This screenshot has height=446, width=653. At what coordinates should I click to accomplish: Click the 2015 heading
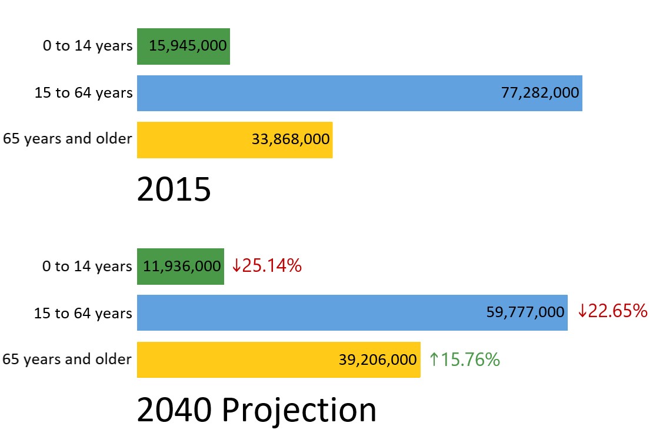[174, 190]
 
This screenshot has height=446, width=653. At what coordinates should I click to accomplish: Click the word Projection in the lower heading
[299, 410]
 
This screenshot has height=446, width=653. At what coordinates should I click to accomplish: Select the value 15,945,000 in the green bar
[188, 46]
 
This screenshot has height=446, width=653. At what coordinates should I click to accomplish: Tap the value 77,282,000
[540, 93]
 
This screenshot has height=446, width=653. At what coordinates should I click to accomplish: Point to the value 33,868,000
[290, 140]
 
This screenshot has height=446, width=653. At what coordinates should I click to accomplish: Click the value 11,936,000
[182, 266]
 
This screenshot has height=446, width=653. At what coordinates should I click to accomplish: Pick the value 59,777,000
[525, 312]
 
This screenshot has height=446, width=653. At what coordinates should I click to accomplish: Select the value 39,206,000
[378, 360]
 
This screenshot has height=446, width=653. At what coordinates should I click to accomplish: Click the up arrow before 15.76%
[434, 360]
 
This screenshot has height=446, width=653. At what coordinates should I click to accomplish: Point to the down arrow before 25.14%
[236, 266]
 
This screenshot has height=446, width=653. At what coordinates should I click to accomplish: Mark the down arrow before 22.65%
[582, 311]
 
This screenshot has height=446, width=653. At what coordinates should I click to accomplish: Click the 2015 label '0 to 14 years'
[88, 46]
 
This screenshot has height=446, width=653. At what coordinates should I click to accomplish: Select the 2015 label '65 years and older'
[67, 139]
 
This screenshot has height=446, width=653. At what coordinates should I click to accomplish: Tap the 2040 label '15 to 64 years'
[83, 313]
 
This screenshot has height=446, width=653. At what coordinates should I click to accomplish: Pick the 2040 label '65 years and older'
[67, 360]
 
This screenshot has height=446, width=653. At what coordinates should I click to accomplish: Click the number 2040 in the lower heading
[174, 410]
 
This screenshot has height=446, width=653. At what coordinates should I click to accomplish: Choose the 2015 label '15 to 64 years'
[83, 93]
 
